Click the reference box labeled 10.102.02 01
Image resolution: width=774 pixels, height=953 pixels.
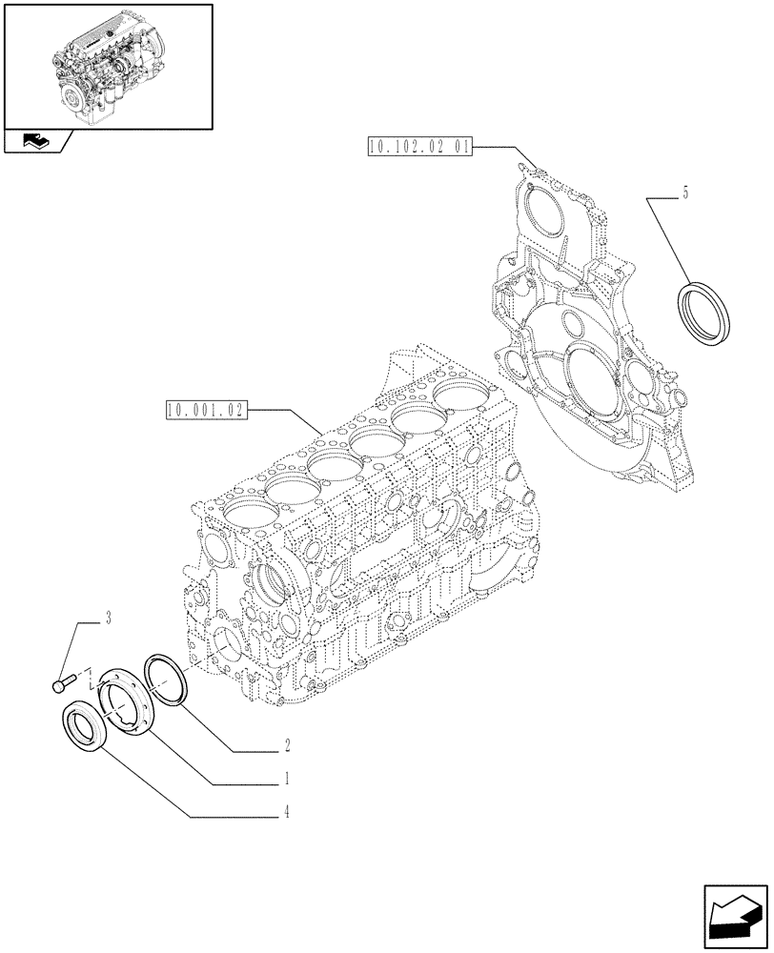[x=418, y=146]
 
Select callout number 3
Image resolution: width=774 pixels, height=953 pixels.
[x=109, y=620]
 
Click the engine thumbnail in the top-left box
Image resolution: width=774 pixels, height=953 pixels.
[x=107, y=66]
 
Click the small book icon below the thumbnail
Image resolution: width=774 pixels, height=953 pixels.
[x=35, y=143]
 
